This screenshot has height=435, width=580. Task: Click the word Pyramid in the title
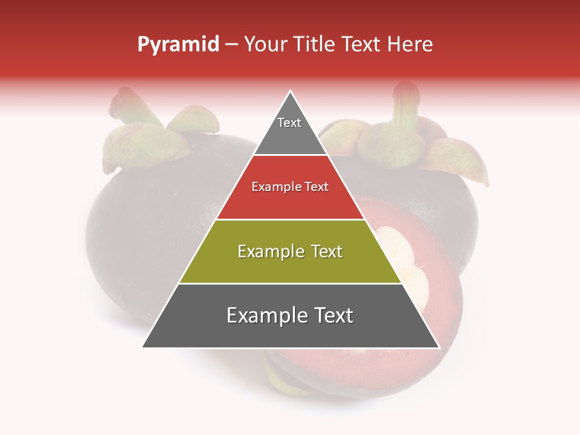coord(178,45)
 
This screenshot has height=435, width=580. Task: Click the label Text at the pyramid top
coord(289,123)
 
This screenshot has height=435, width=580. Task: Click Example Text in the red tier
coord(290,187)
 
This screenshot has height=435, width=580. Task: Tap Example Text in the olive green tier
coord(290,251)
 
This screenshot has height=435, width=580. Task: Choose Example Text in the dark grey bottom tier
coord(290,315)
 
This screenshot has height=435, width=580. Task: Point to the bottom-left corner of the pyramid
coord(143,347)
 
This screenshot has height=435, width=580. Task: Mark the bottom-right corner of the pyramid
coord(439,347)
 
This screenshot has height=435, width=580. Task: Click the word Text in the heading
coord(364,45)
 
